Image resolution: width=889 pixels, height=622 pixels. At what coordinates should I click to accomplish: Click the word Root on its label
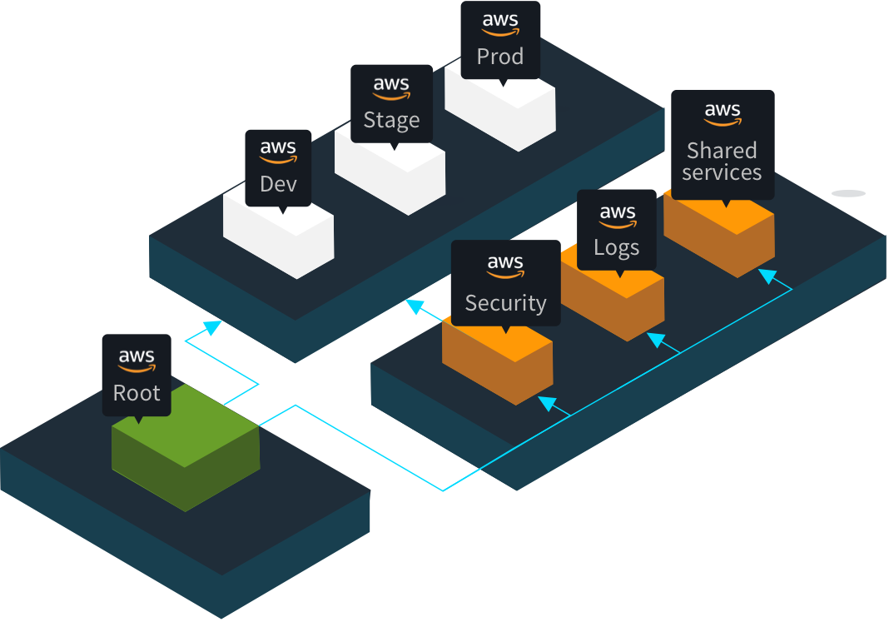point(137,393)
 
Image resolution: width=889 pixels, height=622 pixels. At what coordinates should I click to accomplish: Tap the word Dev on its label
point(278,183)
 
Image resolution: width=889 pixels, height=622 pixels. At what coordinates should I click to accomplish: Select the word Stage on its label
point(391,120)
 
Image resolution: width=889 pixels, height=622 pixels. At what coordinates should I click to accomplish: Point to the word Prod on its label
point(500,57)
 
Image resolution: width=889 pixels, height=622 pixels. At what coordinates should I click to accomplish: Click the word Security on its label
point(505,303)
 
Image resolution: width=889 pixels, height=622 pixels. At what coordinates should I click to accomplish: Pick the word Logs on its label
point(617,247)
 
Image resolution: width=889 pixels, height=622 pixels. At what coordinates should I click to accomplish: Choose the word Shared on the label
point(722,151)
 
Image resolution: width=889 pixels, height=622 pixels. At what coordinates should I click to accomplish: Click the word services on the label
point(722,172)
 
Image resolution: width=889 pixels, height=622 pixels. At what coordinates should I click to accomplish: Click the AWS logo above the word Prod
point(500,24)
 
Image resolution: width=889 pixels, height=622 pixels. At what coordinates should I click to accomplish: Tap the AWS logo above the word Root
point(137,361)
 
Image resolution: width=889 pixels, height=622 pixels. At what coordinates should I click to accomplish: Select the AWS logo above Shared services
point(722,114)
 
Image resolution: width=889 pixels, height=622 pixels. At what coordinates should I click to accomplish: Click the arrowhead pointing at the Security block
point(547,403)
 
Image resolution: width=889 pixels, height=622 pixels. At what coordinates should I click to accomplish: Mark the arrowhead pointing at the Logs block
point(656,340)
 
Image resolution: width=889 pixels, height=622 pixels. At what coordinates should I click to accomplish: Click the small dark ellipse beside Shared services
point(849,193)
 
